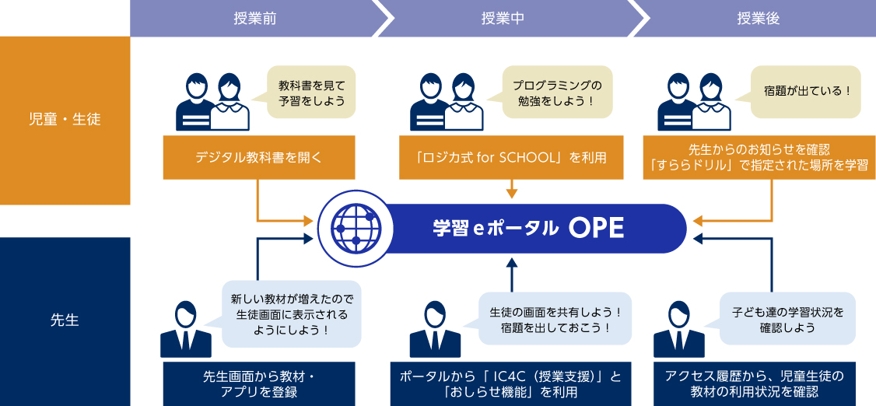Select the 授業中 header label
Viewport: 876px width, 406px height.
tap(503, 18)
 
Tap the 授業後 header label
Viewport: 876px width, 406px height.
tap(757, 18)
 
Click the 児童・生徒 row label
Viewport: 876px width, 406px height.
tap(65, 120)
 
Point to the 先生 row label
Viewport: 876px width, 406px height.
tap(65, 320)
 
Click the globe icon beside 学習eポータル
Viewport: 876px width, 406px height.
tap(356, 227)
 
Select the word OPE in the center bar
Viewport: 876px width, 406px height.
tap(596, 228)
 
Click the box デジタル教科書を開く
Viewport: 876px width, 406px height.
tap(259, 157)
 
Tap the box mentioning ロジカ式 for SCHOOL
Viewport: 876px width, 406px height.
tap(511, 157)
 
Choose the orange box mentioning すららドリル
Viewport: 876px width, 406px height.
tap(760, 157)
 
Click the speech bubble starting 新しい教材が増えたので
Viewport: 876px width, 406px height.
tap(292, 314)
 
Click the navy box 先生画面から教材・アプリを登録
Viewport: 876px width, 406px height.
tap(259, 383)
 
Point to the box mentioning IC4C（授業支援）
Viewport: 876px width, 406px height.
tap(511, 383)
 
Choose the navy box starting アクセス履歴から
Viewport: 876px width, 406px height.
tap(760, 383)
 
